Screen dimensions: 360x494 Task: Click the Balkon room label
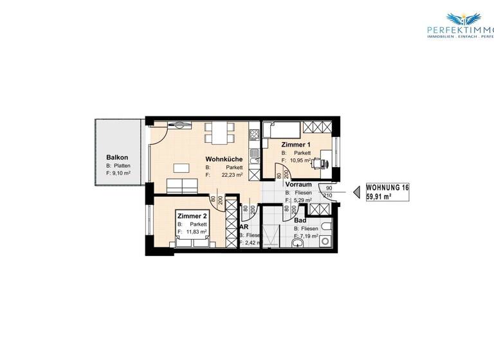point(118,157)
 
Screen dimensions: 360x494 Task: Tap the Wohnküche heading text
point(224,159)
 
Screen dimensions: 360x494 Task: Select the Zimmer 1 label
point(296,145)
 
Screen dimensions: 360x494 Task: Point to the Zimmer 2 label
point(191,216)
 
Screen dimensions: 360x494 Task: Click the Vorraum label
point(298,184)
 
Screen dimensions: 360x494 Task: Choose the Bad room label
point(300,220)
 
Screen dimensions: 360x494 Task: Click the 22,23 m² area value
point(232,174)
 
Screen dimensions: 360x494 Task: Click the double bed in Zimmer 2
point(193,235)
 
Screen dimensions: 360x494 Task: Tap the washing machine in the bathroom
point(324,242)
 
